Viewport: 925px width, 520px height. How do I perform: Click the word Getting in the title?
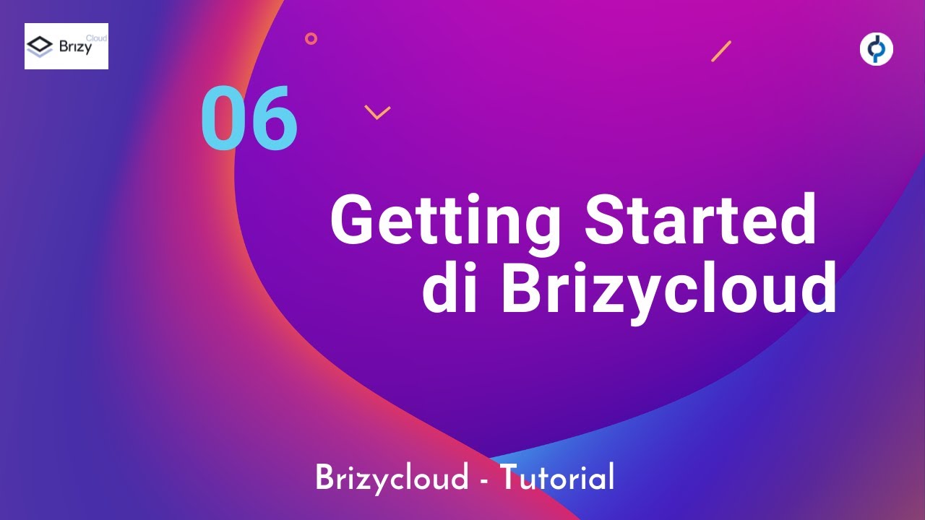(444, 221)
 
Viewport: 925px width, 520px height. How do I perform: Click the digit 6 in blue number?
(273, 118)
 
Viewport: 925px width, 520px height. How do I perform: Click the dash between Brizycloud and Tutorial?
(483, 481)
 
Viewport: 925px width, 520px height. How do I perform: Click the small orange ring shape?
(311, 38)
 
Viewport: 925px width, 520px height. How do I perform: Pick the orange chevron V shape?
(377, 112)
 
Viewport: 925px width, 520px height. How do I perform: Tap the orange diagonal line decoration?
(721, 51)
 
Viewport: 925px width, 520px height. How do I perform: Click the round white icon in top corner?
(876, 49)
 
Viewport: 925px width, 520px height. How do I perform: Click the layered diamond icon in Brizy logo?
(40, 48)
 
